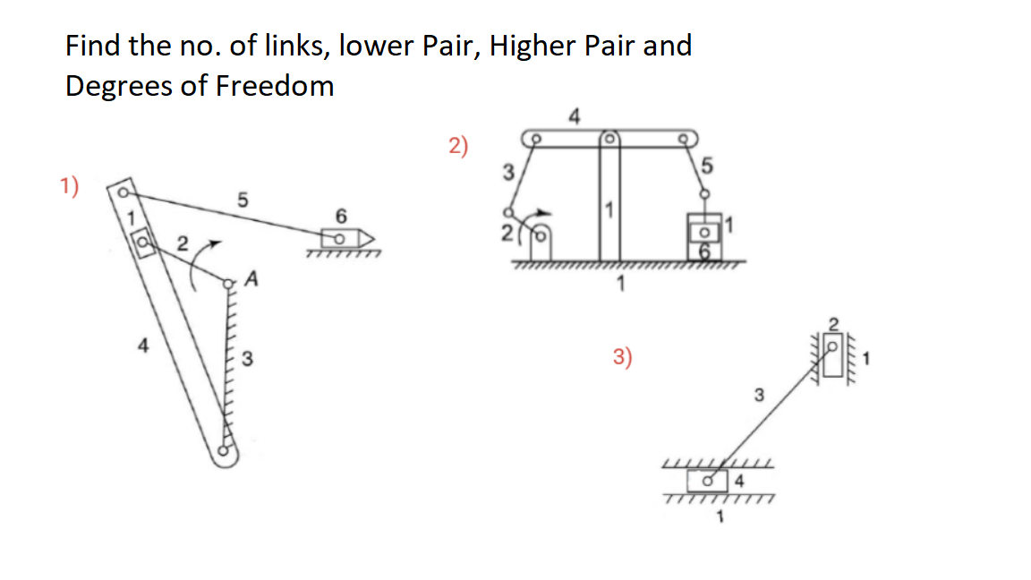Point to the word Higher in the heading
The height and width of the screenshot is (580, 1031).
532,46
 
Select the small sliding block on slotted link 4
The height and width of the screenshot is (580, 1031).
141,242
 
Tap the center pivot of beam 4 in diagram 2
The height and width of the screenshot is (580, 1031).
609,140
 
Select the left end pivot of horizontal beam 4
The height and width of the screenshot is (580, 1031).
535,140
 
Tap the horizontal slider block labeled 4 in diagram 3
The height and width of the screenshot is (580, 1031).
711,481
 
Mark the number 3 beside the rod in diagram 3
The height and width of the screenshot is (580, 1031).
757,394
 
